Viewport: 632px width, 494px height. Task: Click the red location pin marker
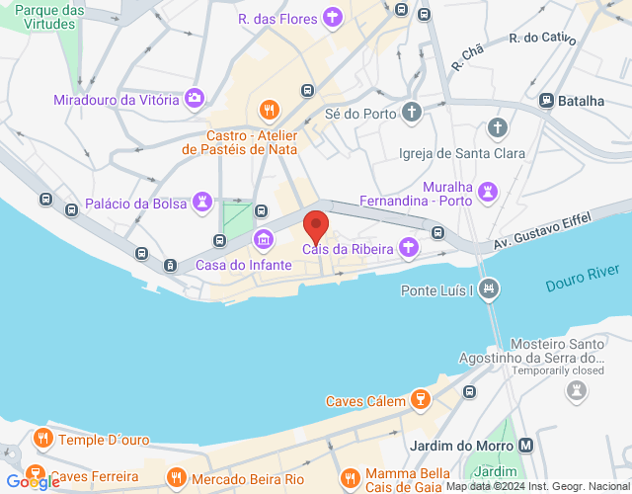click(x=316, y=226)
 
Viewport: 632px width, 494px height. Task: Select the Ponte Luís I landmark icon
click(x=488, y=289)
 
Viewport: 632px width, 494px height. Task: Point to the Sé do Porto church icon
click(x=412, y=113)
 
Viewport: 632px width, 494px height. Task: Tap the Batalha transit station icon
click(x=546, y=101)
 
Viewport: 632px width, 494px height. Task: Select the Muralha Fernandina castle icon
click(x=488, y=191)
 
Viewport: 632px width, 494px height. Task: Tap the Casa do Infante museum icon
click(x=264, y=239)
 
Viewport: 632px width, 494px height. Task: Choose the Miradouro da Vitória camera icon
click(x=195, y=98)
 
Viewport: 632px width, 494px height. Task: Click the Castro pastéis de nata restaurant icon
click(x=267, y=110)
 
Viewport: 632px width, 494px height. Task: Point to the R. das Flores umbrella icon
click(x=334, y=18)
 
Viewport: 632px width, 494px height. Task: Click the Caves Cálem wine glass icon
click(x=422, y=400)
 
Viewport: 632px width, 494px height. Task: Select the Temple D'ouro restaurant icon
click(x=41, y=438)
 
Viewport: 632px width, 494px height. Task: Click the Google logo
click(x=32, y=482)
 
